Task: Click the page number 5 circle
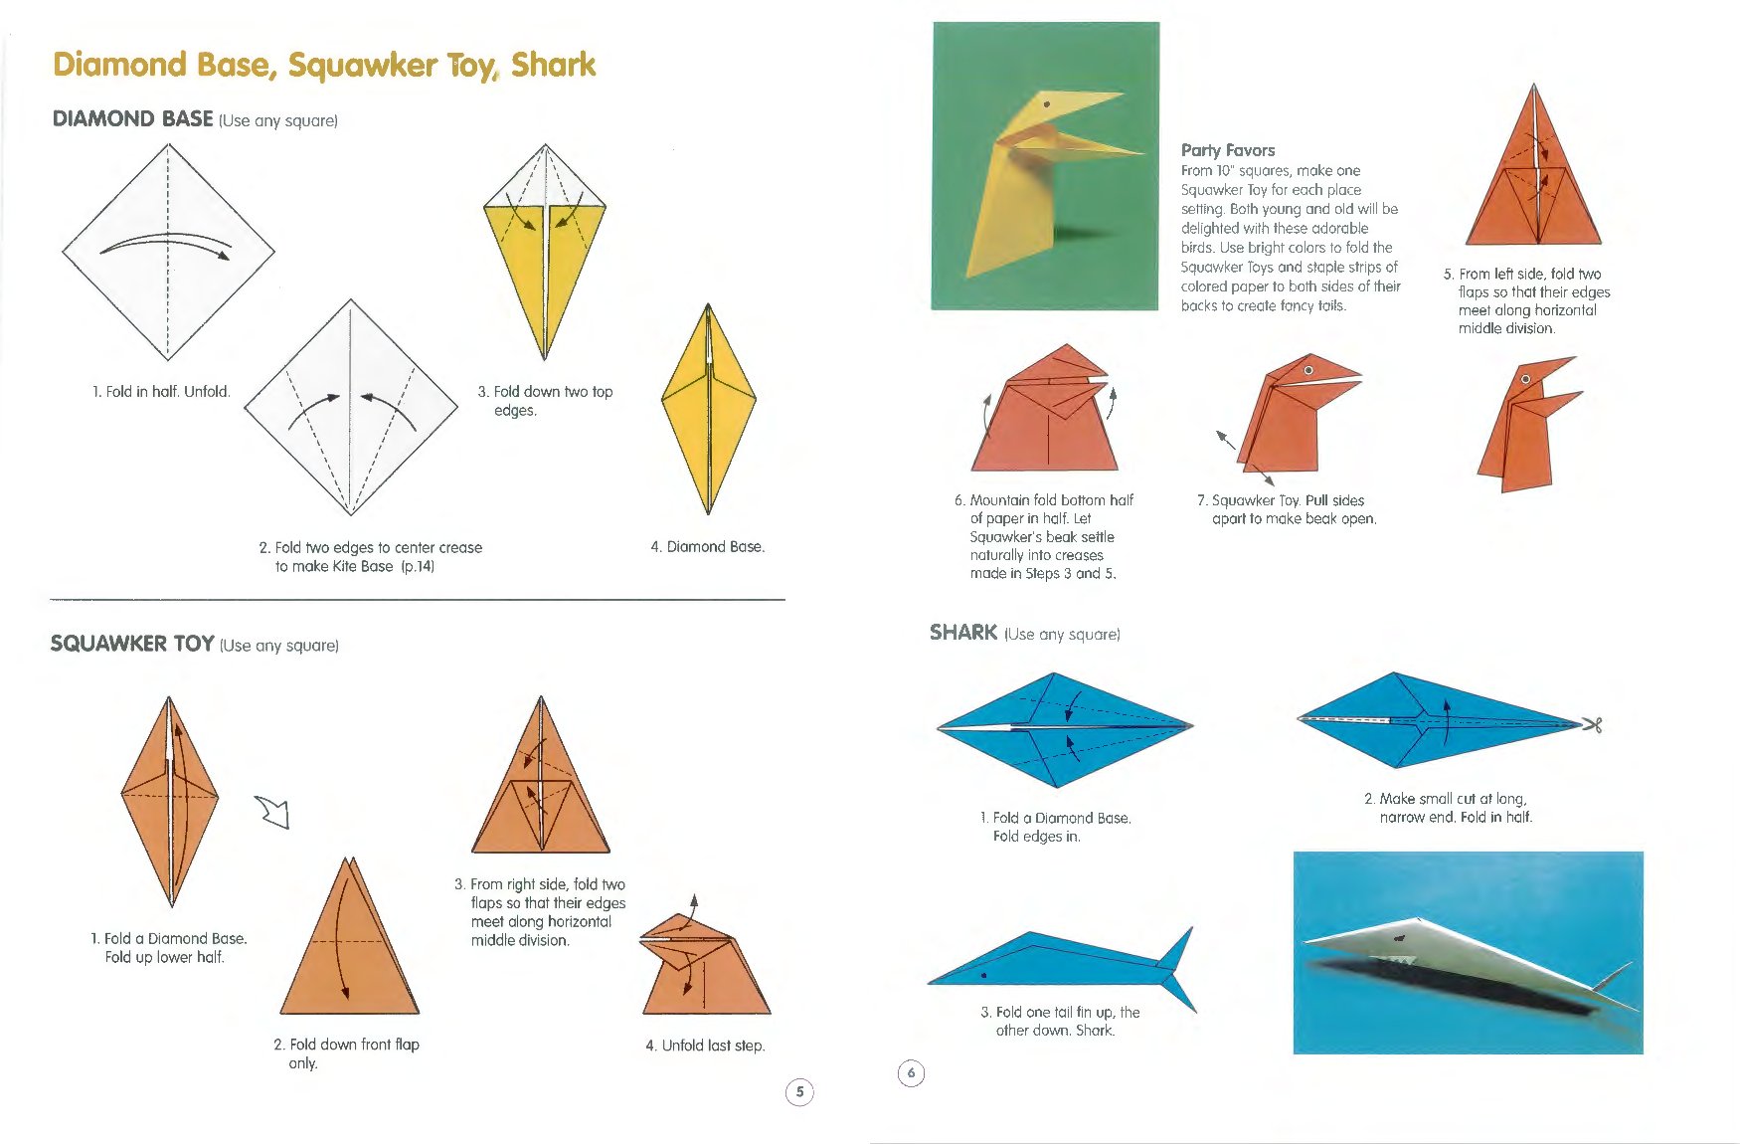(799, 1092)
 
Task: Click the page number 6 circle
(911, 1073)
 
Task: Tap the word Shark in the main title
(553, 65)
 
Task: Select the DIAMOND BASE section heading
(132, 118)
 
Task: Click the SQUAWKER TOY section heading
(132, 644)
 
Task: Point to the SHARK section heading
(963, 633)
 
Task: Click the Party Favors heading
(1228, 150)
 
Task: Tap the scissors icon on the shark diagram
(1592, 725)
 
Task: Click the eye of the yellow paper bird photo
(1047, 104)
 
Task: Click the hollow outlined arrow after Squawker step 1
(273, 812)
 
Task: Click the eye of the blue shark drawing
(983, 976)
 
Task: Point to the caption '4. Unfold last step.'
(705, 1046)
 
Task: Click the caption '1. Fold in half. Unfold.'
(161, 392)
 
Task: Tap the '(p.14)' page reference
(418, 566)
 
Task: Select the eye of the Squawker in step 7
(1308, 370)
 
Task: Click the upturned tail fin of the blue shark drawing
(1177, 947)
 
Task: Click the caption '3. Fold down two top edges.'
(545, 401)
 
